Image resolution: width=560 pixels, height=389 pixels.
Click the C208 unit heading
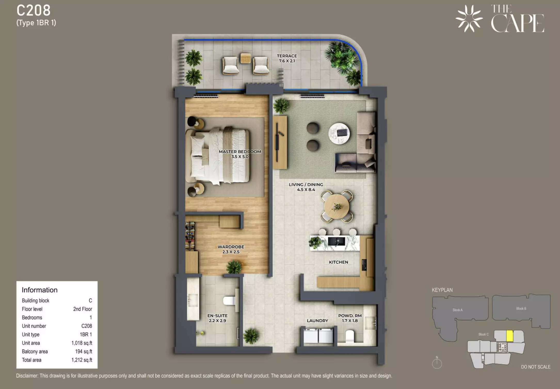click(x=34, y=11)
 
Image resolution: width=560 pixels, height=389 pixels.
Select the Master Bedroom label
click(x=240, y=154)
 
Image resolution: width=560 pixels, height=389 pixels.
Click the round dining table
click(x=337, y=207)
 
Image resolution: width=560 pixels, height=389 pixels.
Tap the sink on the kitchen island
click(x=337, y=242)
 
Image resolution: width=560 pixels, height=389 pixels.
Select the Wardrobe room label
click(x=231, y=249)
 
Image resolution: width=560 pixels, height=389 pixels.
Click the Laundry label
click(x=317, y=321)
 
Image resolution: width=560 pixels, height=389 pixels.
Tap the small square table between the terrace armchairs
click(x=245, y=58)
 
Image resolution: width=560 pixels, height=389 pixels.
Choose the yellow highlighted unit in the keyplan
click(x=509, y=336)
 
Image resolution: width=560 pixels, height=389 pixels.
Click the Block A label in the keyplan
click(x=458, y=310)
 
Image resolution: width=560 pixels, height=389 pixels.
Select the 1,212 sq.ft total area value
click(x=82, y=360)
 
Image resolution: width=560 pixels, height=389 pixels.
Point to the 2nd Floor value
click(x=83, y=309)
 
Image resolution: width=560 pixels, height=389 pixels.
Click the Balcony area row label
click(x=35, y=351)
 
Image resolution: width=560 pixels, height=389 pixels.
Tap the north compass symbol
click(x=437, y=363)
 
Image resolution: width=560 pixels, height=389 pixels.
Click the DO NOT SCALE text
click(x=536, y=367)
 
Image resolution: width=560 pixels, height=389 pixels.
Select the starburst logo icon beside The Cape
click(x=469, y=19)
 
